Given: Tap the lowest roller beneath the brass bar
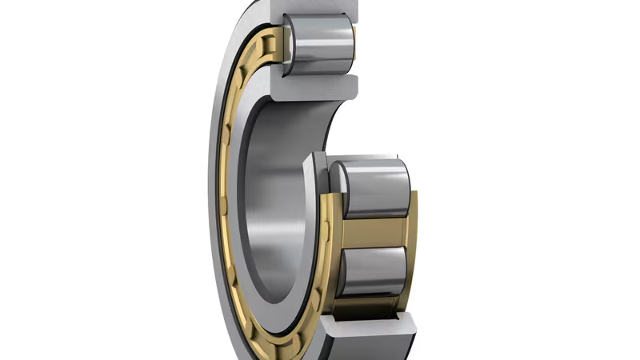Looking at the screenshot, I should (x=372, y=276).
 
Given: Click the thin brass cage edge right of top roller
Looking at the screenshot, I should (x=355, y=36).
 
